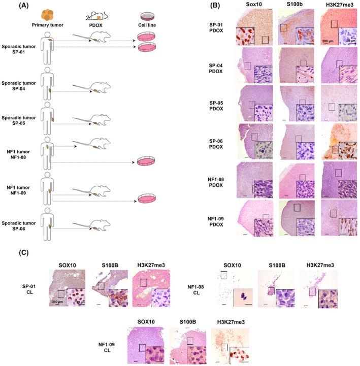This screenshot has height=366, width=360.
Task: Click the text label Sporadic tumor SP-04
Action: click(20, 86)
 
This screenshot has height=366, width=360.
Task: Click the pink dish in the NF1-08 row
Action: click(147, 163)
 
